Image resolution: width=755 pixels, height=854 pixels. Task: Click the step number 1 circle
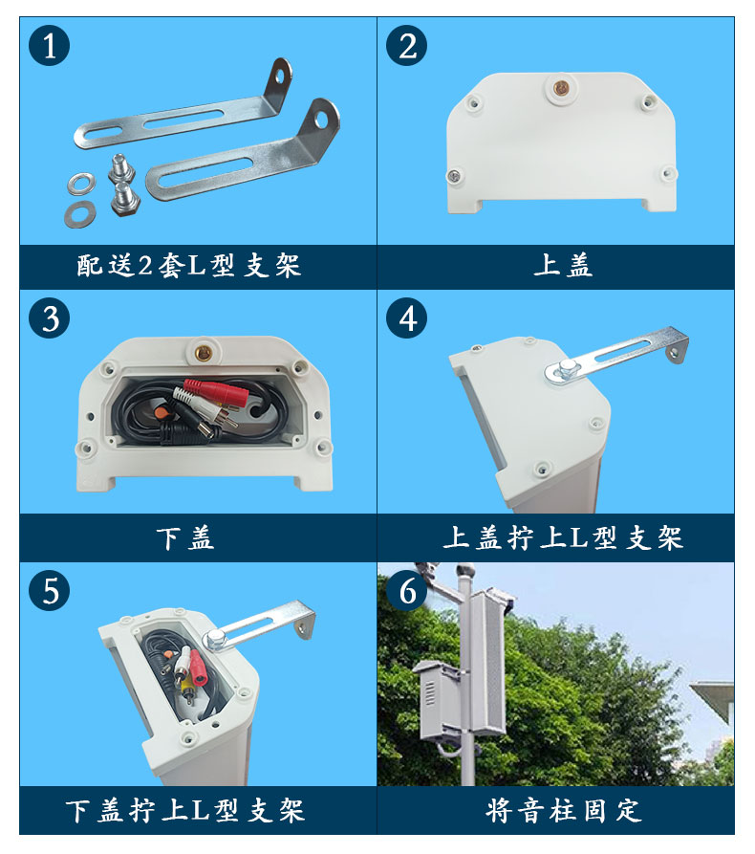[x=49, y=45]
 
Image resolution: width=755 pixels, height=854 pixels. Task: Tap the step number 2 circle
[x=406, y=45]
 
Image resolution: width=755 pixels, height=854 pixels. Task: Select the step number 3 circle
[x=49, y=318]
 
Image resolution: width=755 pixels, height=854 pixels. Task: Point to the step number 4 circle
[x=406, y=318]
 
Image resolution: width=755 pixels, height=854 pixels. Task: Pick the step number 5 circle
[x=49, y=590]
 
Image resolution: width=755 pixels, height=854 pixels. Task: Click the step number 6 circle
[x=406, y=590]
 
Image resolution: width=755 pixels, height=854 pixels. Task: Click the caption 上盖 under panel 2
[x=563, y=266]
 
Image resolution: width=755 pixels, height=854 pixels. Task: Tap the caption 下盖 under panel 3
[x=185, y=538]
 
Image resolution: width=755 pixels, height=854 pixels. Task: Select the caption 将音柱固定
[x=564, y=810]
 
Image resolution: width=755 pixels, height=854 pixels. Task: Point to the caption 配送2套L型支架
[x=189, y=266]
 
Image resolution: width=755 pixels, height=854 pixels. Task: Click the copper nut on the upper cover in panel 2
[x=560, y=87]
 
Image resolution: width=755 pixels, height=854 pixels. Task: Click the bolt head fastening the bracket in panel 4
[x=566, y=367]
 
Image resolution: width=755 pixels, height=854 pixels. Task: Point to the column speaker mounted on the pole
[x=487, y=662]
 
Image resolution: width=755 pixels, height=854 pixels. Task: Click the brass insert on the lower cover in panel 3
[x=203, y=352]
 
